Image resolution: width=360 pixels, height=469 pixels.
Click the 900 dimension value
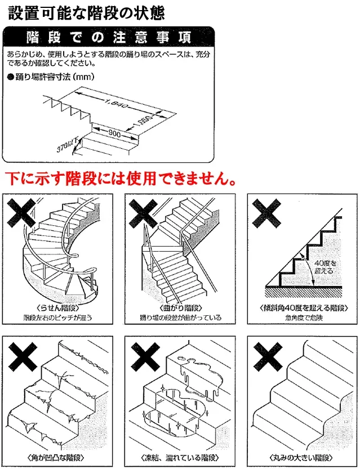pos(114,133)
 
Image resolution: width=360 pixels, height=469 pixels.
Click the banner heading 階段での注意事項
pos(109,38)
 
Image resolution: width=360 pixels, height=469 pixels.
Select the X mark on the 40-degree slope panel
pos(266,215)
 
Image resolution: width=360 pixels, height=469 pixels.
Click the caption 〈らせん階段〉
pos(58,309)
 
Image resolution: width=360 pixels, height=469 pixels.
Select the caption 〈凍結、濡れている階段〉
pos(180,457)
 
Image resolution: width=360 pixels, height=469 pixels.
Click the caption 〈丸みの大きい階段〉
pos(302,457)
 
